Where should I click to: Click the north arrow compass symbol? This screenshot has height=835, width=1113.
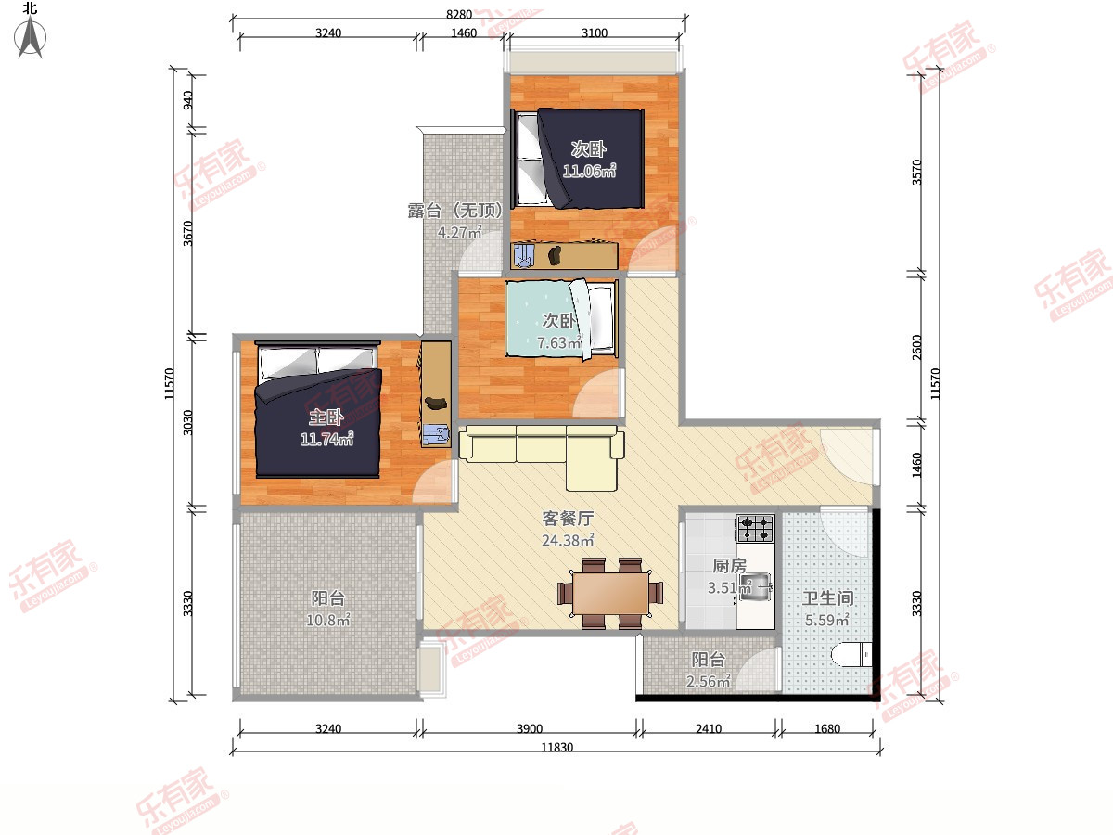[x=30, y=35]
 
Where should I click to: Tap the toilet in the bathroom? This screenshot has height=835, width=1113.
[x=851, y=654]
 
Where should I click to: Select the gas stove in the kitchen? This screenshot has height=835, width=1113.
[x=755, y=528]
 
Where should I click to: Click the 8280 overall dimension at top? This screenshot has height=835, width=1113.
[x=459, y=14]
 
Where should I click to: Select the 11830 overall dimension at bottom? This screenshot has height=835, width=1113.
[x=556, y=747]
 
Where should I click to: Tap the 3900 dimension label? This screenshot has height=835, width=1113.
[x=530, y=728]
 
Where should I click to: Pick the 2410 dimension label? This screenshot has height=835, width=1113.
[x=709, y=728]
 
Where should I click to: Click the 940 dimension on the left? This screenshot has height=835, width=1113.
[x=187, y=100]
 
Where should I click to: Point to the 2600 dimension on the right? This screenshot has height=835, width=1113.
[x=916, y=347]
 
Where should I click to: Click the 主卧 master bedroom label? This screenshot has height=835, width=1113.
[x=326, y=417]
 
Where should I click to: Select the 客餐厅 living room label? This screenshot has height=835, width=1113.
[x=568, y=518]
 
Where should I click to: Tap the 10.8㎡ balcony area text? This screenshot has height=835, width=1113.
[x=328, y=620]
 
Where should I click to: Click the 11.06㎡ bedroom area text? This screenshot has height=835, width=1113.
[x=589, y=171]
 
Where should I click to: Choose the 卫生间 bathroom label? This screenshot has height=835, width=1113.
[x=827, y=598]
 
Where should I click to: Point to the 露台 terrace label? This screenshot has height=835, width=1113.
[x=425, y=210]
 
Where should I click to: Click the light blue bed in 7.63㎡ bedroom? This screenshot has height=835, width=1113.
[x=561, y=319]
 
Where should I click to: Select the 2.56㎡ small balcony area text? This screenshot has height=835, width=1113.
[x=708, y=681]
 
